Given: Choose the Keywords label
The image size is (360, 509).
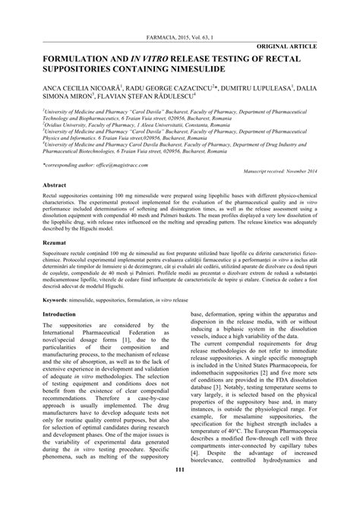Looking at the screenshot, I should (x=60, y=300).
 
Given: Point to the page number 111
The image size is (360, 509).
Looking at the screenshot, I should (x=179, y=495).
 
